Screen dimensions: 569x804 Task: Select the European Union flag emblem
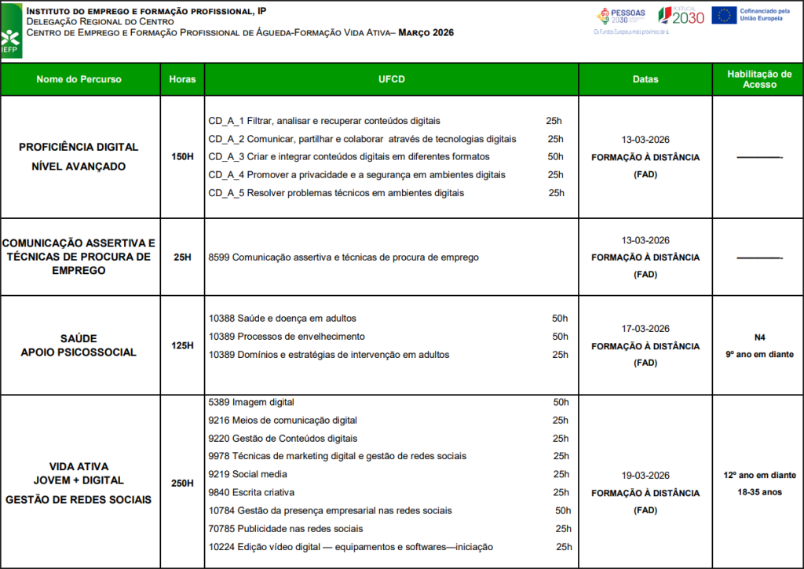point(724,15)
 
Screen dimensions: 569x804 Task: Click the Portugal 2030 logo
point(681,16)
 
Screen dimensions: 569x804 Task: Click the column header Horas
point(182,79)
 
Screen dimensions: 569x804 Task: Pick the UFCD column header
point(390,79)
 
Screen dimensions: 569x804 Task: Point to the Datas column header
point(645,79)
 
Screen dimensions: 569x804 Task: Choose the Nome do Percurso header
point(79,79)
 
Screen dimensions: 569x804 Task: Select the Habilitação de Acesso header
point(758,79)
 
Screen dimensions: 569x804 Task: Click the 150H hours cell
point(182,157)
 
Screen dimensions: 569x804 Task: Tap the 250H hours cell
point(182,483)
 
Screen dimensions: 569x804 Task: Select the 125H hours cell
point(182,346)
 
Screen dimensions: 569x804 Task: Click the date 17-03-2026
point(645,329)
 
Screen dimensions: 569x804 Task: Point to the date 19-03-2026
point(645,476)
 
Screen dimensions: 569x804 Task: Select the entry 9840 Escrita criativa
point(251,493)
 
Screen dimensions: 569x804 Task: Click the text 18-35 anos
point(759,492)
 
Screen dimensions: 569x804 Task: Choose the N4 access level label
point(759,337)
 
